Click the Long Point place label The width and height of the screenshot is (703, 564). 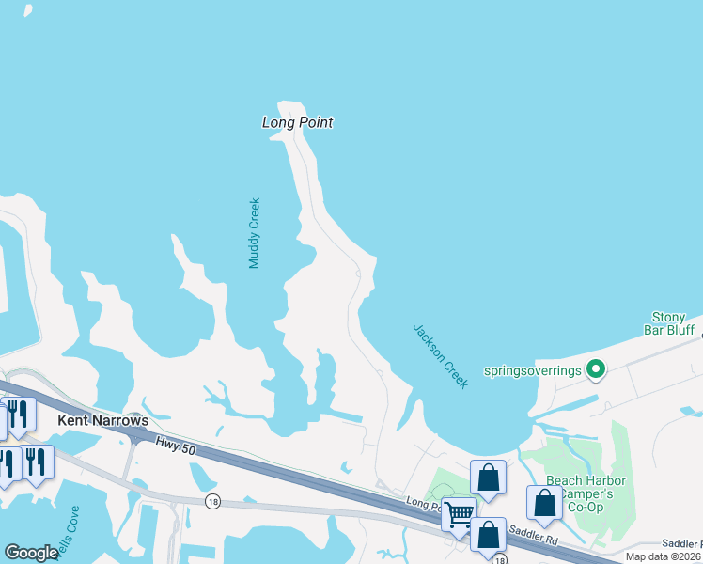coord(297,122)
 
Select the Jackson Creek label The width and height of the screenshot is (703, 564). coord(440,356)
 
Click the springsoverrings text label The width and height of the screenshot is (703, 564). coord(532,370)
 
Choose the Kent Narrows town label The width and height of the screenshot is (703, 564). coord(103,420)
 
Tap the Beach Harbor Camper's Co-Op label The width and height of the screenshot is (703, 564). coord(586,493)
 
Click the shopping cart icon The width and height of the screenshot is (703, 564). coord(459,514)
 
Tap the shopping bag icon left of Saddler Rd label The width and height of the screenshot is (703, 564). coord(488,535)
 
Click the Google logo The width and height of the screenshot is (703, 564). coord(31,553)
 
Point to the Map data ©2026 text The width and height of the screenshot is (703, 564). coord(663,556)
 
